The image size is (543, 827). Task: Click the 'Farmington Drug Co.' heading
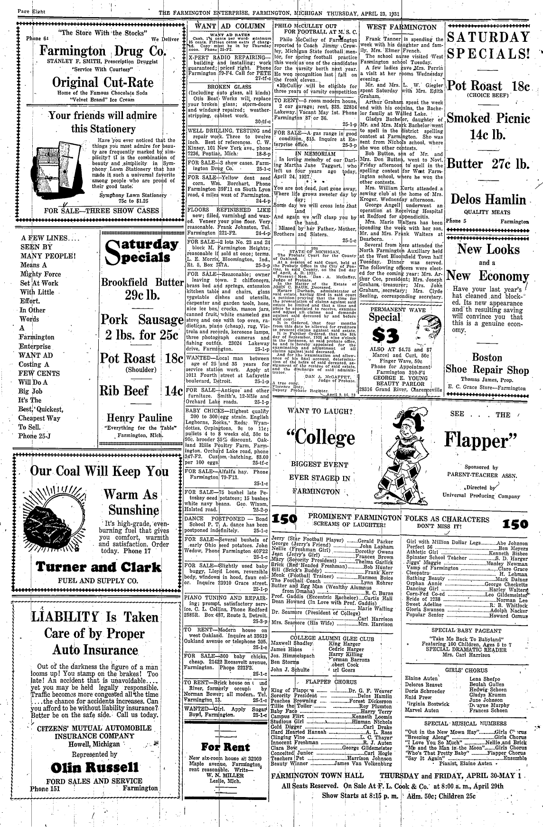pos(102,51)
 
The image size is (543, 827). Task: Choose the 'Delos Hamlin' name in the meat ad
pos(488,200)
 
